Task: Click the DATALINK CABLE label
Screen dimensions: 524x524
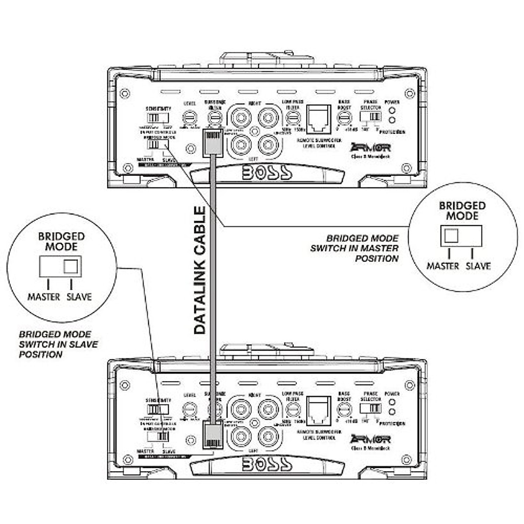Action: (200, 271)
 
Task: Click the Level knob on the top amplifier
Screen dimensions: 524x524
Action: (190, 117)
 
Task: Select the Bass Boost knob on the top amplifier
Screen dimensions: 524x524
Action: (345, 117)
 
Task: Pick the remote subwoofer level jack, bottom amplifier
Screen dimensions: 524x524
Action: (319, 411)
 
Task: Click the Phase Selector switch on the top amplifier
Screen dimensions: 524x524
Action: (370, 116)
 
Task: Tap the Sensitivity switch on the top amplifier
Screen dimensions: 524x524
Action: (158, 118)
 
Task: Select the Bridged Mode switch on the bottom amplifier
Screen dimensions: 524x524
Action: (158, 436)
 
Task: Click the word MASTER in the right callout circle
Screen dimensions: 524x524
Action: (443, 266)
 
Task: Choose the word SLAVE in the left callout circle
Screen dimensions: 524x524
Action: (79, 297)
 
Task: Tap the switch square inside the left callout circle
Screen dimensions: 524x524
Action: (71, 266)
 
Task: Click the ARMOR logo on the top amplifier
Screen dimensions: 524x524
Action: (370, 148)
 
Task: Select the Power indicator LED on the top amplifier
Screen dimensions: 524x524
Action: (392, 110)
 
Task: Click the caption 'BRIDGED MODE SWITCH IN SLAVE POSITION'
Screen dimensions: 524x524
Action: (58, 345)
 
